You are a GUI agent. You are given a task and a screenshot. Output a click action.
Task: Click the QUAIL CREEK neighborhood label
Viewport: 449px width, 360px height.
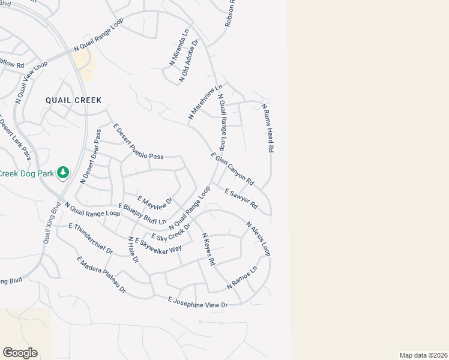73,100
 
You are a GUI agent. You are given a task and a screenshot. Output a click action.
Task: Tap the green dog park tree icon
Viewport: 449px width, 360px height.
62,173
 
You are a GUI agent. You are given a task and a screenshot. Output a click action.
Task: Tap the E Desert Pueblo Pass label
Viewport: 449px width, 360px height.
138,142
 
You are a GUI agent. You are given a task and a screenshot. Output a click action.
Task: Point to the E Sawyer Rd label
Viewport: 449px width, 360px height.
241,199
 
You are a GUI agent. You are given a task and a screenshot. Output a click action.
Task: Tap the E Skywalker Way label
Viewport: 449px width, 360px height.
158,244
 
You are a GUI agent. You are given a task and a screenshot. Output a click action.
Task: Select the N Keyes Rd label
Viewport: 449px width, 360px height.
208,249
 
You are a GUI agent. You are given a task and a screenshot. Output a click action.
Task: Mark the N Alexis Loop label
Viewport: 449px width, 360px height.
258,239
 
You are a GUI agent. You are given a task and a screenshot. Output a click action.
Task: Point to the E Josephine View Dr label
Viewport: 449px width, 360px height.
198,302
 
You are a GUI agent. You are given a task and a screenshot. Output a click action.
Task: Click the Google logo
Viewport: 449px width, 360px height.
20,352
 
